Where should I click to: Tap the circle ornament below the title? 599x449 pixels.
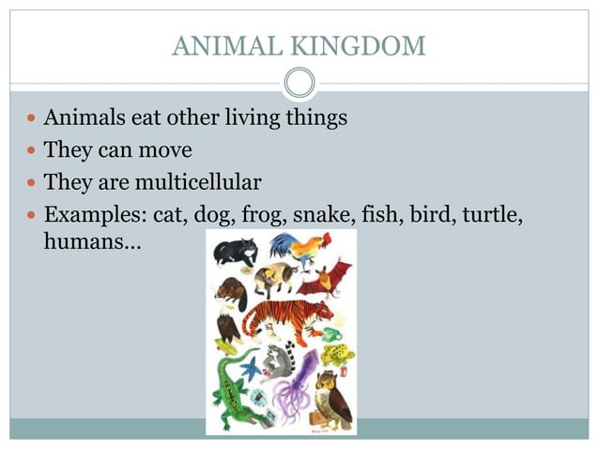(x=299, y=84)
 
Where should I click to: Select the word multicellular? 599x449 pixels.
(x=200, y=180)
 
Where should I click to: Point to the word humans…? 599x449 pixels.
(x=92, y=241)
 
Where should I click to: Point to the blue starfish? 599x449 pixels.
(x=251, y=366)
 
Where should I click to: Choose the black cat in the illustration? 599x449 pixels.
(x=235, y=251)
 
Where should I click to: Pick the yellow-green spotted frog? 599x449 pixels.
(x=335, y=355)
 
